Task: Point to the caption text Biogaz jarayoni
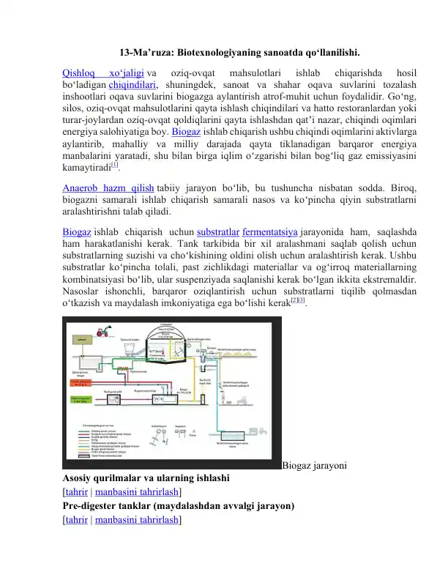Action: (315, 466)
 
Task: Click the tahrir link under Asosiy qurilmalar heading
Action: (76, 492)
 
